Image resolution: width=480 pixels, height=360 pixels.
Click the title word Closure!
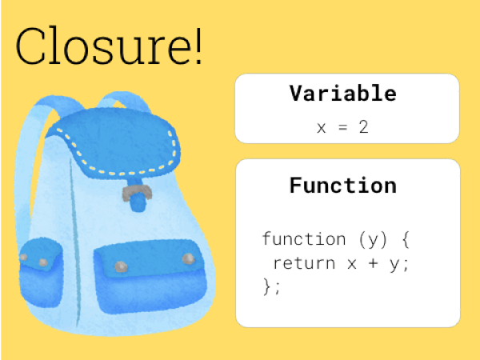[x=109, y=46]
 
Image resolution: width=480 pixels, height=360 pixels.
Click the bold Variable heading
[x=343, y=93]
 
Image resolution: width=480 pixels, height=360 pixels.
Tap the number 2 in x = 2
[x=363, y=127]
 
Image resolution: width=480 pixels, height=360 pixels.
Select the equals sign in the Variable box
[x=343, y=127]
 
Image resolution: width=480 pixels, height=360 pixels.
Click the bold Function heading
[x=343, y=186]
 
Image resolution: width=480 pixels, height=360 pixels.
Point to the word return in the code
[x=304, y=263]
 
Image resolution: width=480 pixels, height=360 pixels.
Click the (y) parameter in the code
[x=373, y=239]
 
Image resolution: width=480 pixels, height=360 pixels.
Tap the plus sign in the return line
[x=373, y=263]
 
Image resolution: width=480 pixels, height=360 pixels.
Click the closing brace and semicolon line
[x=271, y=288]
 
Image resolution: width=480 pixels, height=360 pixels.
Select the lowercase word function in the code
[x=304, y=238]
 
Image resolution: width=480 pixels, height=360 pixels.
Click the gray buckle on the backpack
[x=137, y=193]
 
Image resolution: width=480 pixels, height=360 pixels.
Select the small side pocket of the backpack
[x=42, y=273]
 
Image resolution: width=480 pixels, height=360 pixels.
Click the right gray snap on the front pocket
[x=188, y=258]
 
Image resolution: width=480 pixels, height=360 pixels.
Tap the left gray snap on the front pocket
[x=121, y=267]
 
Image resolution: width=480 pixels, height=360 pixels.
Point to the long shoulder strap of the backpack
[x=26, y=171]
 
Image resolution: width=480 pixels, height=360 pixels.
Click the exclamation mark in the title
[x=198, y=46]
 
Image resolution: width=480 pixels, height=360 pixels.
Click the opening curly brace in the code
[x=406, y=239]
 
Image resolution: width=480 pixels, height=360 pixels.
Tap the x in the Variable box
[x=321, y=128]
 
